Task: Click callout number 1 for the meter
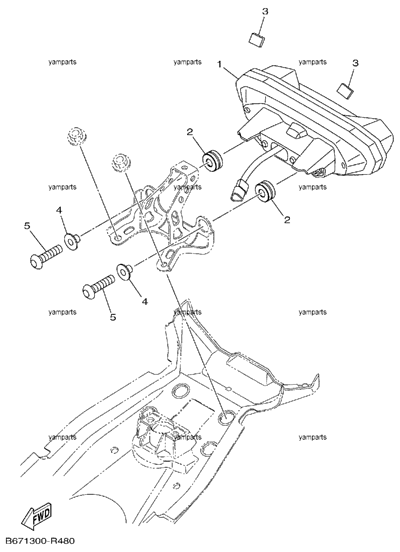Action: pyautogui.click(x=219, y=65)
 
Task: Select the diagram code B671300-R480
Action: pyautogui.click(x=40, y=541)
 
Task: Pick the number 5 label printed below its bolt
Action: pyautogui.click(x=113, y=317)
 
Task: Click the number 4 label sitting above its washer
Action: pyautogui.click(x=59, y=210)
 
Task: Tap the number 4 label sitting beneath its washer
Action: pyautogui.click(x=145, y=301)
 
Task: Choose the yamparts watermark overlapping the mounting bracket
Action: pyautogui.click(x=187, y=187)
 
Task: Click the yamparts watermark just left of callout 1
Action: pyautogui.click(x=187, y=62)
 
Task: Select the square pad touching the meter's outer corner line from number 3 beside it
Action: pyautogui.click(x=345, y=91)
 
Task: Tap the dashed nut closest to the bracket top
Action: pyautogui.click(x=121, y=163)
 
